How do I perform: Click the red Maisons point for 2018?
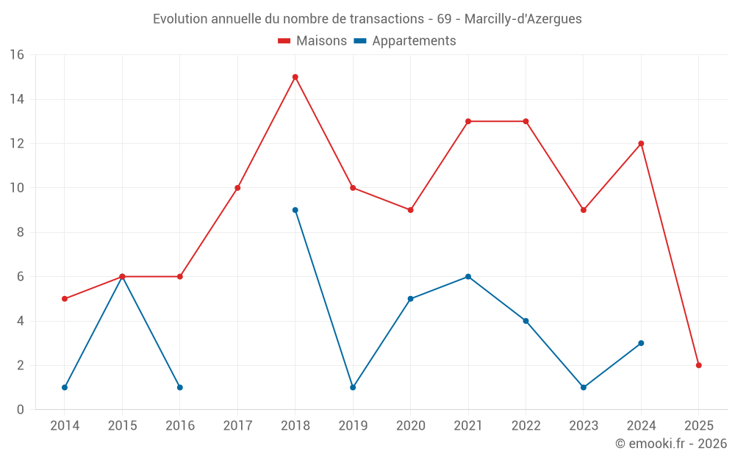tap(295, 77)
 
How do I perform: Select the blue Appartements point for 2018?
tap(295, 210)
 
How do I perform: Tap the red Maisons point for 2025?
tap(699, 365)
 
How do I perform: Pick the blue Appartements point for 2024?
tap(641, 343)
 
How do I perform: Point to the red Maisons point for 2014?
tap(65, 299)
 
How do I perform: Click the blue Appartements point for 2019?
tap(353, 387)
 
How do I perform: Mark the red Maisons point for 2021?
tap(468, 121)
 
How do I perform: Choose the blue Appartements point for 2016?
tap(180, 387)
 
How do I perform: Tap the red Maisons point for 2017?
tap(237, 188)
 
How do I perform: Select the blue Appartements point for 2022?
tap(526, 321)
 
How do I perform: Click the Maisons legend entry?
tap(312, 41)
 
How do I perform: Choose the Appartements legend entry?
tap(405, 41)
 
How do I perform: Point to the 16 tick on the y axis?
tap(17, 55)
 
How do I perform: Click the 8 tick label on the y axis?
tap(21, 232)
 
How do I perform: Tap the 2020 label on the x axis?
tap(410, 426)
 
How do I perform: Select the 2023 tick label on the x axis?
tap(584, 426)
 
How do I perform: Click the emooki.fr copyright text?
tap(671, 444)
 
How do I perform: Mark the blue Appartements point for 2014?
tap(65, 387)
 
